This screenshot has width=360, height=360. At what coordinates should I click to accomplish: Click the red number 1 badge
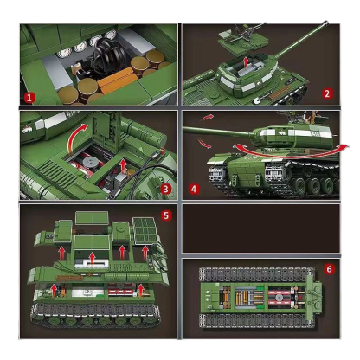point(30,97)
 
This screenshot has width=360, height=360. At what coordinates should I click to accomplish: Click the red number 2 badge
point(326,93)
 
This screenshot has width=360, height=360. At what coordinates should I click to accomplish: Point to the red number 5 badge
point(166,214)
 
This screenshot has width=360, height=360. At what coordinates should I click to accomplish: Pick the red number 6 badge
point(329,269)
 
